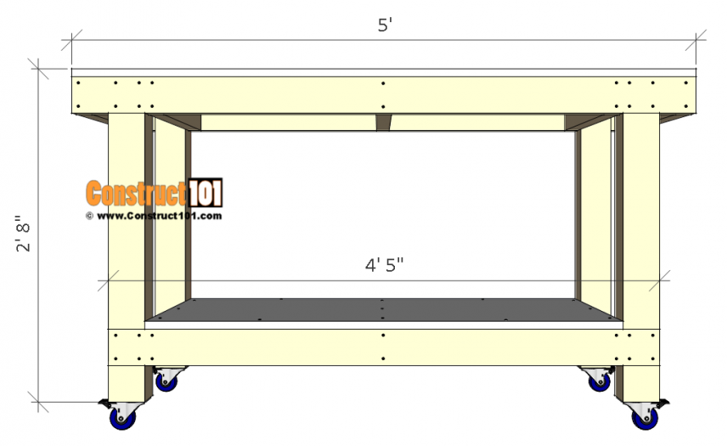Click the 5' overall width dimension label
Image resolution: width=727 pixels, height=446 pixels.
(384, 25)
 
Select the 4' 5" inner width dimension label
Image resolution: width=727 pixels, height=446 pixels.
(384, 265)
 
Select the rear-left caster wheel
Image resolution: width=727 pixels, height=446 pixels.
(165, 381)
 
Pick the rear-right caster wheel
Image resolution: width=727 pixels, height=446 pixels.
(598, 381)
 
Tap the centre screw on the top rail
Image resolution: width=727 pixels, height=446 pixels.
(384, 83)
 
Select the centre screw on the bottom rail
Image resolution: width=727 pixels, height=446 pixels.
(384, 336)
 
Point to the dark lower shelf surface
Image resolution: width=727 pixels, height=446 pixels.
(384, 310)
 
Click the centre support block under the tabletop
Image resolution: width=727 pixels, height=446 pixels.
(384, 123)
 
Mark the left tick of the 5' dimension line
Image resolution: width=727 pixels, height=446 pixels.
(72, 39)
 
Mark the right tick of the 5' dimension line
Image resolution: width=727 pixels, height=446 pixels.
(697, 39)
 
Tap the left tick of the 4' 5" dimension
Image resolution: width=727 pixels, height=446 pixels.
(108, 279)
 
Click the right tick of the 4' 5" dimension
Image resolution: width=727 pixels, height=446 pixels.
(660, 279)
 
